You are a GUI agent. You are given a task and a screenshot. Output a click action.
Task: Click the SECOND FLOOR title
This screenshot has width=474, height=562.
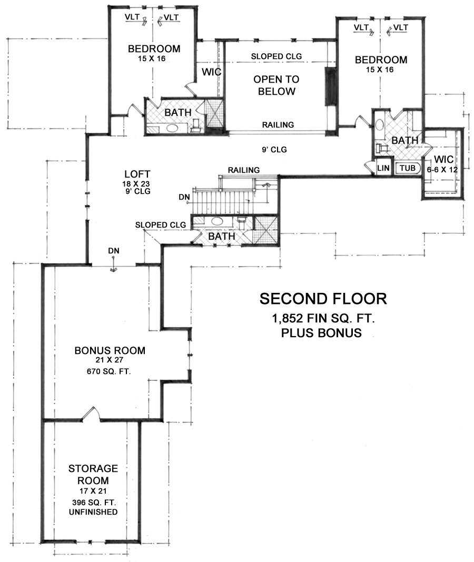point(323,299)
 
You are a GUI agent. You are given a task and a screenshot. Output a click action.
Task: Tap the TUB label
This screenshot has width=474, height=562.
point(408,167)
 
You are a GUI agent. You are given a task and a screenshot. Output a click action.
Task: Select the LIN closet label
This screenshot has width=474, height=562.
point(383,167)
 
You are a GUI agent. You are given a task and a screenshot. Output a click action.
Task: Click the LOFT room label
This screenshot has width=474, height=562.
point(137,174)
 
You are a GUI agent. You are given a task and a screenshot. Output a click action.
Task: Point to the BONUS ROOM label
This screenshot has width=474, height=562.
point(110,350)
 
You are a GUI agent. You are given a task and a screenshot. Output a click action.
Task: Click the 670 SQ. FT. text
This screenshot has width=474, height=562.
point(109,372)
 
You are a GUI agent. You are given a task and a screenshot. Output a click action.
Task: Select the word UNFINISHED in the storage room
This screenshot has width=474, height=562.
point(93,512)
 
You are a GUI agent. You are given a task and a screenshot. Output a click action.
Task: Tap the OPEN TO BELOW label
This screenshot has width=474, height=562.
point(276,85)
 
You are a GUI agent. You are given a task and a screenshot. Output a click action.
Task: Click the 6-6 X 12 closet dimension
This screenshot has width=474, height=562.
point(442,170)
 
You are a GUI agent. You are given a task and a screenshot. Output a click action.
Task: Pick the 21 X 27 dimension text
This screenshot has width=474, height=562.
point(109,360)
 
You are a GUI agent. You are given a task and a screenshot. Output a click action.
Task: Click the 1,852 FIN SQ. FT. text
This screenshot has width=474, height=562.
point(323,318)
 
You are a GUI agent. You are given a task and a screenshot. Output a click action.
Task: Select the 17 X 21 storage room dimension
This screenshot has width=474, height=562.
point(93,491)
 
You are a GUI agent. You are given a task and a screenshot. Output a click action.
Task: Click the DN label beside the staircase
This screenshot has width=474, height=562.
point(184,197)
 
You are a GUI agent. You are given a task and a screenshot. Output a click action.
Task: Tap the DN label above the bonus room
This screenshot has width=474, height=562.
point(114,251)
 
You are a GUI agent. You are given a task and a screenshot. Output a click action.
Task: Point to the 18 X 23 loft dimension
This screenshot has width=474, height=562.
point(136,184)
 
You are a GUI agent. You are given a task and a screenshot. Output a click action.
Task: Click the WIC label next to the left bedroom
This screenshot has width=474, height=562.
point(211,72)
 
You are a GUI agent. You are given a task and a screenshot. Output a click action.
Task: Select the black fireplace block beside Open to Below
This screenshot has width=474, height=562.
point(329,86)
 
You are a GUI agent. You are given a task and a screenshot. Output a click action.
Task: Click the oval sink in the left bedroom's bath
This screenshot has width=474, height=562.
point(174,129)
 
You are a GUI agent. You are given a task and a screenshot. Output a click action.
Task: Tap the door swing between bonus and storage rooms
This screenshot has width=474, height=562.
point(90,413)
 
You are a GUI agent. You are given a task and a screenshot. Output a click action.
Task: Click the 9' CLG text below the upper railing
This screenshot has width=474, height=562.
point(274,150)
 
